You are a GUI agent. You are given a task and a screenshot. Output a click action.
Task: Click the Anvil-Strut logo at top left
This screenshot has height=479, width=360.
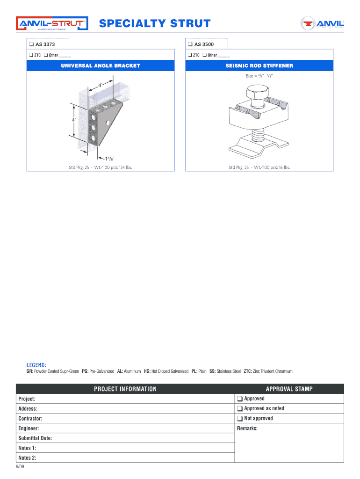click(52, 24)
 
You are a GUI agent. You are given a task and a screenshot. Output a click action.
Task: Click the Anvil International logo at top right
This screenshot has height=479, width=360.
click(322, 23)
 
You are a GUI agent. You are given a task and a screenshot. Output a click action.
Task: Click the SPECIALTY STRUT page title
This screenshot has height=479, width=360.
click(155, 23)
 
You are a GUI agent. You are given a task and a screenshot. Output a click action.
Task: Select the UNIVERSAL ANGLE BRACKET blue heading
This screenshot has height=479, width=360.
click(101, 66)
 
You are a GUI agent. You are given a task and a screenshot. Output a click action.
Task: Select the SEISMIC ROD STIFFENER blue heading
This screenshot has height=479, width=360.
click(259, 66)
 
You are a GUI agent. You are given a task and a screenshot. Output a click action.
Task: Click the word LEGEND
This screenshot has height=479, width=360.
click(36, 365)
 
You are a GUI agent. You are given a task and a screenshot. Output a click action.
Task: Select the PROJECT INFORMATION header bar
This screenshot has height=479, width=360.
click(125, 389)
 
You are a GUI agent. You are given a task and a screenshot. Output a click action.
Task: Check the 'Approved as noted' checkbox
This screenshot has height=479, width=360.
click(239, 409)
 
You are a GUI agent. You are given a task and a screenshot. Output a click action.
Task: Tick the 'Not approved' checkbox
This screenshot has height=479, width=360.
click(239, 419)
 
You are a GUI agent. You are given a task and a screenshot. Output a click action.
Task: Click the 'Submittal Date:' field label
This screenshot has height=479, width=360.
click(35, 438)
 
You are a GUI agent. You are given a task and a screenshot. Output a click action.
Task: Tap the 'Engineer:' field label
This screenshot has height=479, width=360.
click(29, 428)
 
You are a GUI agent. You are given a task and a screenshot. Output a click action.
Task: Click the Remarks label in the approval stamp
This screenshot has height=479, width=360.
click(247, 428)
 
